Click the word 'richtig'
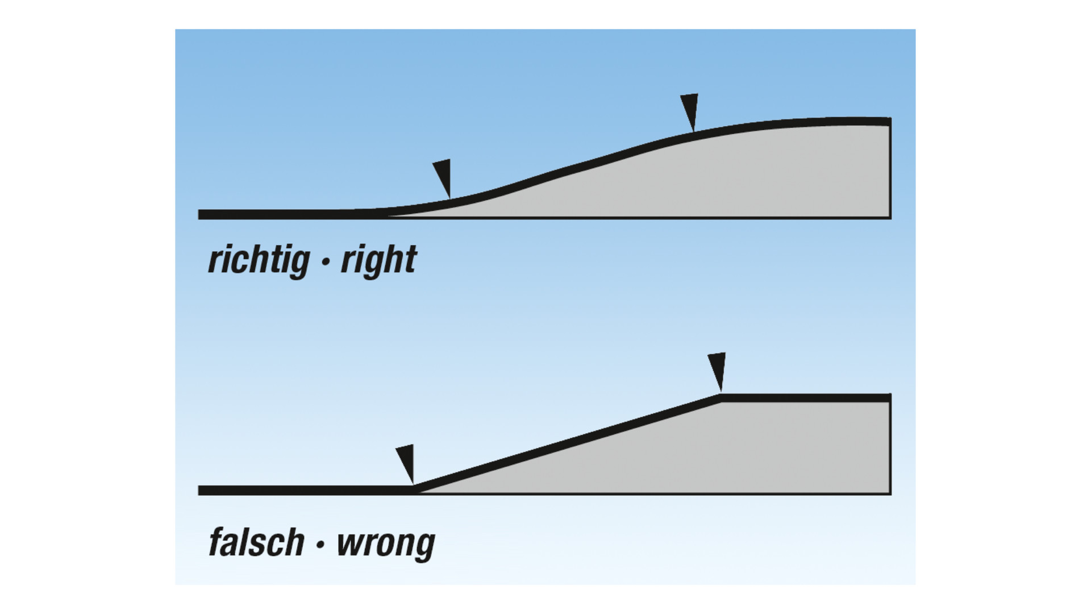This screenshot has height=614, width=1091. click(259, 260)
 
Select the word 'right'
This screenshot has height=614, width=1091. click(378, 260)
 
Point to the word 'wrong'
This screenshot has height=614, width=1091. click(385, 543)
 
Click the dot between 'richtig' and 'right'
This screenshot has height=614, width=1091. click(326, 263)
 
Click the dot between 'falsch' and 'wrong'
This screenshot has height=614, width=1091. click(320, 544)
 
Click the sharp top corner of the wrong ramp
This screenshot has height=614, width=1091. click(721, 397)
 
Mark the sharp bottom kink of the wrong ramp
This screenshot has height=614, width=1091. click(414, 489)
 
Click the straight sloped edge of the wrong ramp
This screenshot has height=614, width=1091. click(568, 443)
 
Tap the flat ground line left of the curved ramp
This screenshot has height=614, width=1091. click(284, 214)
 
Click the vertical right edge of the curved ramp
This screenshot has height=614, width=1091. click(890, 171)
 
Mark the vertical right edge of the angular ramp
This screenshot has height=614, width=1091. click(890, 446)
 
